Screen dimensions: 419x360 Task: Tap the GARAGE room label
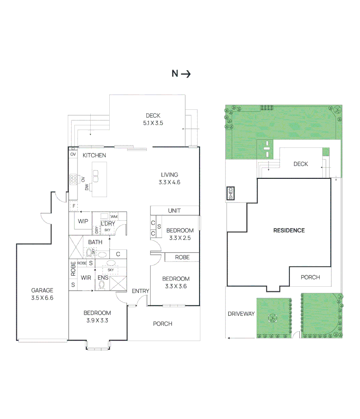pyautogui.click(x=42, y=294)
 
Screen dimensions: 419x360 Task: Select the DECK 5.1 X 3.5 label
pyautogui.click(x=153, y=119)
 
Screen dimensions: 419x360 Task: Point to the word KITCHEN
pyautogui.click(x=94, y=155)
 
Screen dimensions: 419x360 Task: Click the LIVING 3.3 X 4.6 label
pyautogui.click(x=170, y=178)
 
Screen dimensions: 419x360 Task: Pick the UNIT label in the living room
pyautogui.click(x=174, y=211)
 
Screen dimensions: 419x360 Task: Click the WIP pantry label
pyautogui.click(x=83, y=222)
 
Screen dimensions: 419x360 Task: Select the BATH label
pyautogui.click(x=95, y=242)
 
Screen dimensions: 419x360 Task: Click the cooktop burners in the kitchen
pyautogui.click(x=73, y=179)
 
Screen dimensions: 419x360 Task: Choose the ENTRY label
pyautogui.click(x=140, y=291)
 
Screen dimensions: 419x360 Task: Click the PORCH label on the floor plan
pyautogui.click(x=162, y=324)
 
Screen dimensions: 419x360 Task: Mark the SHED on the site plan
pyautogui.click(x=230, y=193)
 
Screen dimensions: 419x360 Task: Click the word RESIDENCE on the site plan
pyautogui.click(x=289, y=230)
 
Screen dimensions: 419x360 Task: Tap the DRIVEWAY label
pyautogui.click(x=241, y=313)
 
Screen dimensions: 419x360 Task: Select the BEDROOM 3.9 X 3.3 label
pyautogui.click(x=97, y=316)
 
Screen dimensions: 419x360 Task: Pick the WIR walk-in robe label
pyautogui.click(x=86, y=278)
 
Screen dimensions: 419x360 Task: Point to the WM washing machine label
pyautogui.click(x=114, y=216)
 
